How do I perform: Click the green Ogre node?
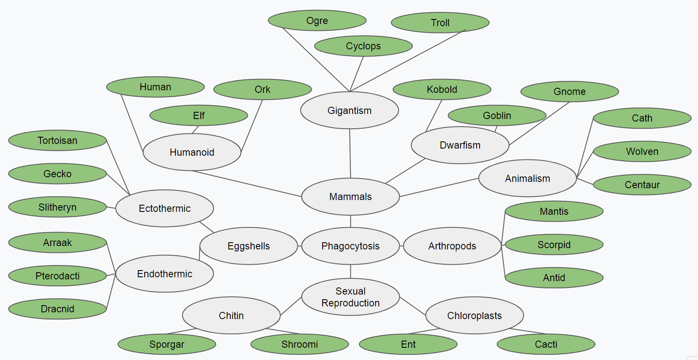tap(317, 21)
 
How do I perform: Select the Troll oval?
tap(440, 23)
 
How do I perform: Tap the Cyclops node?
tap(363, 46)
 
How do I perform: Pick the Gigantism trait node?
tap(349, 111)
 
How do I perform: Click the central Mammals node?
tap(350, 197)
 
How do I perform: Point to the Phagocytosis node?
tap(350, 246)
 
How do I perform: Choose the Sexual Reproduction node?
tap(350, 297)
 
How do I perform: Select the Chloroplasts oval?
tap(474, 316)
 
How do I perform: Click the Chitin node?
tap(231, 316)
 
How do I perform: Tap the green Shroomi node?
tap(299, 344)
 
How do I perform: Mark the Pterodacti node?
tap(57, 276)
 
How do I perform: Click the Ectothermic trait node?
tap(164, 208)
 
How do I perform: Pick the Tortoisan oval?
tap(57, 141)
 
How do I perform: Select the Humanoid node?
tap(192, 152)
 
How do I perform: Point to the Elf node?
tap(199, 116)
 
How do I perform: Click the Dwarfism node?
tap(460, 145)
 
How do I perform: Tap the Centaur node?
tap(642, 185)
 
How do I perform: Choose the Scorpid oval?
tap(554, 245)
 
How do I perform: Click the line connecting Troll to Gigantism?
tap(408, 60)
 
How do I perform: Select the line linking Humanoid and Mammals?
tap(247, 184)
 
